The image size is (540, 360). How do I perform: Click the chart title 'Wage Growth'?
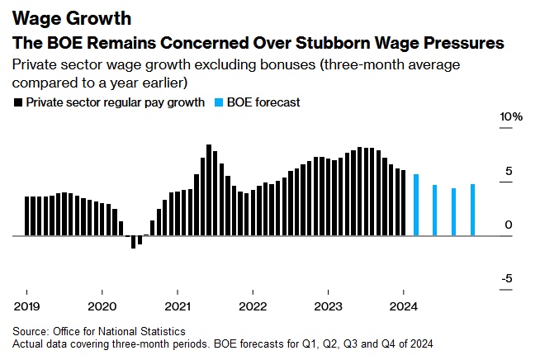point(59,17)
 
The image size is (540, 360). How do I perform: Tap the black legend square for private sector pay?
point(17,103)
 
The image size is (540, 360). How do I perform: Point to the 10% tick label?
point(512,117)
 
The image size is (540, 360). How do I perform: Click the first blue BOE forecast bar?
point(416,205)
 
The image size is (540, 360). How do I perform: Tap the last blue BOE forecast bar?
point(472,210)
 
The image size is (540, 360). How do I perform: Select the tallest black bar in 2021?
point(209,190)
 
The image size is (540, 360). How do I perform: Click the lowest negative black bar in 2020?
point(133,242)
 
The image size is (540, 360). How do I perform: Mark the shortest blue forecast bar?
point(453,212)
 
